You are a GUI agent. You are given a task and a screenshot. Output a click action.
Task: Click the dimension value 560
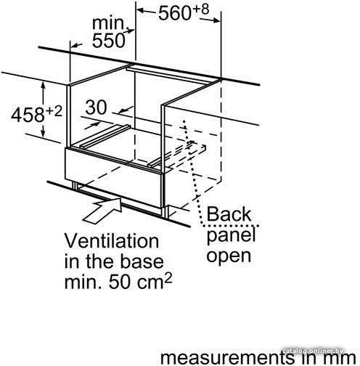pos(175,14)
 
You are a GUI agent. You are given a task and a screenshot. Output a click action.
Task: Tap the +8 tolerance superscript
pos(200,9)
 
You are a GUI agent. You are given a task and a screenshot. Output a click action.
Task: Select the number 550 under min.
pos(109,40)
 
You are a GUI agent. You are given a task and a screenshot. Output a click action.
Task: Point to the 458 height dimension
pos(28,115)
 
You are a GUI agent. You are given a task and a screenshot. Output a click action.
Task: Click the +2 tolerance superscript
pos(54,111)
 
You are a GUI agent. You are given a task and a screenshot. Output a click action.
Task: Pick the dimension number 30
pos(96,107)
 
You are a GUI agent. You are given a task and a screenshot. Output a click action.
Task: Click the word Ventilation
pos(112,241)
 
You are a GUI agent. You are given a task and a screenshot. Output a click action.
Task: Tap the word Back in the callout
pos(229,214)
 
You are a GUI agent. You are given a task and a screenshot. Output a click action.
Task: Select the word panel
pos(231,235)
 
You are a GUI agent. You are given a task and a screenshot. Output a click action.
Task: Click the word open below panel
pos(229,256)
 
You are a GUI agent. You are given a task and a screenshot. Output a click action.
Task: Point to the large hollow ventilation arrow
pos(102,210)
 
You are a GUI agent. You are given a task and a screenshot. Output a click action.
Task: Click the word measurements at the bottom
pos(227,357)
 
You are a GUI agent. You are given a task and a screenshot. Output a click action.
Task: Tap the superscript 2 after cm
pos(168,278)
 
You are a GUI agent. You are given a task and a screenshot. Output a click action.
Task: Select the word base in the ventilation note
pos(142,261)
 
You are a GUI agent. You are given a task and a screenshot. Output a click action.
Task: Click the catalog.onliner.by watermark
pos(314,351)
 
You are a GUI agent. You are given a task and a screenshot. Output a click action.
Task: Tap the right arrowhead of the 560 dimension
pos(217,20)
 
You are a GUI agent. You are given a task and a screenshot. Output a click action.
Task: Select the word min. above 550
pos(108,23)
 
